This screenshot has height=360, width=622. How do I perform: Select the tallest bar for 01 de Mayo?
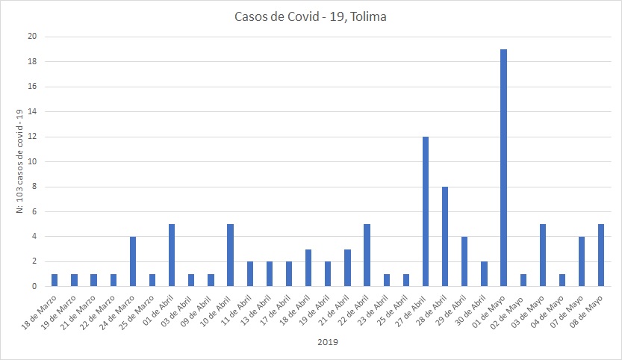point(504,168)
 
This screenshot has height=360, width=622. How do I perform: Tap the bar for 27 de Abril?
point(426,211)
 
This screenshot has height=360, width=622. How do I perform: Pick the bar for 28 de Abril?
point(445,237)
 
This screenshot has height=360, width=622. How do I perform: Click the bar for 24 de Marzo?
point(133,261)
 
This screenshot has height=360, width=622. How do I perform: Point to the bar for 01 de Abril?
point(172,255)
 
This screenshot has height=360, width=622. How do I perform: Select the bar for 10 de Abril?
point(230,255)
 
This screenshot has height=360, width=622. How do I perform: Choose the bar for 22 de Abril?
point(367,255)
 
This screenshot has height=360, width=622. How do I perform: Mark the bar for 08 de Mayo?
point(601,255)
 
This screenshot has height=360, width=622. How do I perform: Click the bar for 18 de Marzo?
point(55,280)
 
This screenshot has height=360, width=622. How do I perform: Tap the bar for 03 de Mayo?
point(543,255)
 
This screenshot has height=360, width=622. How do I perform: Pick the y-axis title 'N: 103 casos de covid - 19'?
point(20,161)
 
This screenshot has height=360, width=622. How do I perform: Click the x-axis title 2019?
point(327,344)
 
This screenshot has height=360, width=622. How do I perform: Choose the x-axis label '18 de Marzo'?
point(42,309)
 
